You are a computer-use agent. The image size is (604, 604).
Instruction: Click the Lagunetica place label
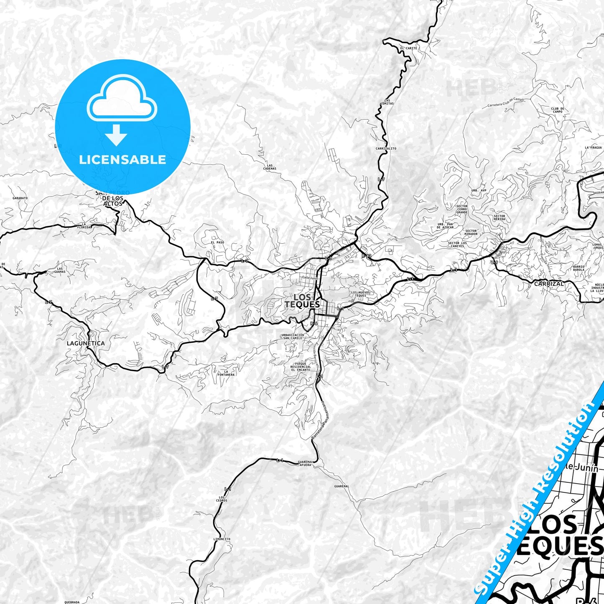86,343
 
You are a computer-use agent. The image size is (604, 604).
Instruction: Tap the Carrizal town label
549,283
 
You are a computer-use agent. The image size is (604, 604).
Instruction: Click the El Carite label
408,48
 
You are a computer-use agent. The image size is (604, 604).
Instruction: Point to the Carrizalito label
386,148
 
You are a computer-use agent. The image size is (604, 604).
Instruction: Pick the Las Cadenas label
270,167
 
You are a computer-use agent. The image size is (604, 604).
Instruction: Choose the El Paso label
217,242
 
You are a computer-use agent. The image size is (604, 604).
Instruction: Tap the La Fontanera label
226,373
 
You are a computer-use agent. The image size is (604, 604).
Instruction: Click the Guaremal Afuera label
305,463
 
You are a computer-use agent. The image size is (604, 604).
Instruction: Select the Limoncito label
222,539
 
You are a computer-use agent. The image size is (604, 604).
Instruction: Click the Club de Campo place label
558,110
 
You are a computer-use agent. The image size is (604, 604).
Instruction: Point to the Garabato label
20,198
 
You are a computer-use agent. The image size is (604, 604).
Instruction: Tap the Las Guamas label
60,270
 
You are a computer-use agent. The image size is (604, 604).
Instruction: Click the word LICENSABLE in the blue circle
122,160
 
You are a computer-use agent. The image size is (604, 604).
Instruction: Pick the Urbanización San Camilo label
293,336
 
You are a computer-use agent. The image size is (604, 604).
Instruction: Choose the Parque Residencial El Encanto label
301,367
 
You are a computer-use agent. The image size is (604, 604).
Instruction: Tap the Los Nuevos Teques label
360,294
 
